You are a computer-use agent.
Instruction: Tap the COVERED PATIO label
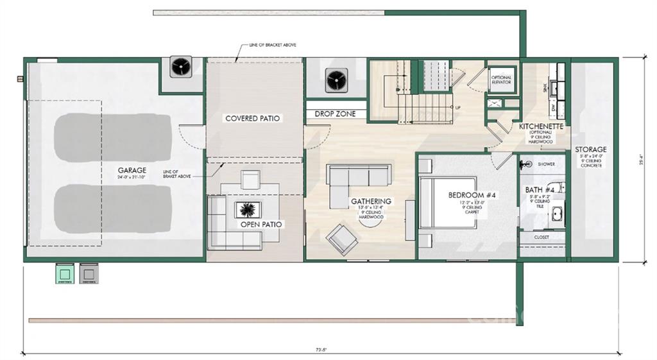pos(253,119)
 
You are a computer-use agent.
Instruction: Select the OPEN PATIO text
pos(262,225)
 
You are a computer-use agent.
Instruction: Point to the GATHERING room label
pos(371,201)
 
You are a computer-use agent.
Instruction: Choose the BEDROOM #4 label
pos(466,196)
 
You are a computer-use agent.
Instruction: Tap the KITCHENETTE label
pos(541,127)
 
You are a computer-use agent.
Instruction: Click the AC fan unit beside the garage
pos(182,66)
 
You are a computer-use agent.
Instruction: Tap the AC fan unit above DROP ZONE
pos(335,80)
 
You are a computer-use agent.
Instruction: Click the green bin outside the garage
pos(64,274)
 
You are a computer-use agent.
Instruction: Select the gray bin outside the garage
pos(89,274)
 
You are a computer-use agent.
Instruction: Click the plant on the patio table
pos(247,210)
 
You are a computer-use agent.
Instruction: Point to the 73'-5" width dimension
pos(322,350)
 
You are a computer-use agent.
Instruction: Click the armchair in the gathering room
pos(341,239)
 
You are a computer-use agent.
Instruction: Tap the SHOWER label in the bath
pos(547,164)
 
